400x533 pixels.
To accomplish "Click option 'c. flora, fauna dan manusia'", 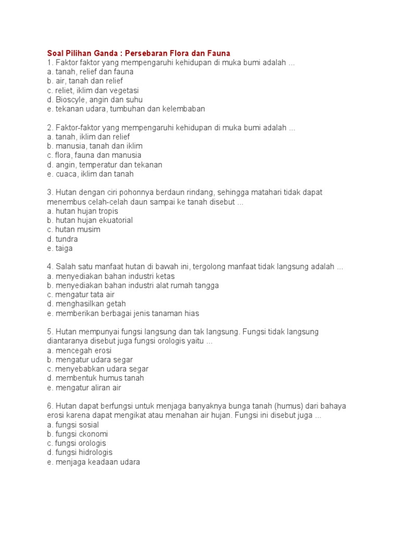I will [x=94, y=156].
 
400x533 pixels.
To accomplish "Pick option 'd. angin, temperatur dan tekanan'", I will [x=104, y=165].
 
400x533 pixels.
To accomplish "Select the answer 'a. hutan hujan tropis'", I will [x=82, y=211].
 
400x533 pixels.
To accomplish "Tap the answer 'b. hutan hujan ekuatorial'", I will [x=90, y=221].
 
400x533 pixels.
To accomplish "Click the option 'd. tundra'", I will [x=62, y=239].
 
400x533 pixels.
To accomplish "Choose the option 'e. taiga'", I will [x=59, y=249].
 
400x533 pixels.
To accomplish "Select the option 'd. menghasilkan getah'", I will [x=86, y=304].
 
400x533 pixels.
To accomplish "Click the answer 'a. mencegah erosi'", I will [x=79, y=351].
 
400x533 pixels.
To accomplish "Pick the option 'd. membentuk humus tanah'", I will [x=95, y=378].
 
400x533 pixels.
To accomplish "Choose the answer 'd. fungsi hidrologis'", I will [x=79, y=453].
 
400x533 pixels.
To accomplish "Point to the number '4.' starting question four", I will [x=50, y=267].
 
